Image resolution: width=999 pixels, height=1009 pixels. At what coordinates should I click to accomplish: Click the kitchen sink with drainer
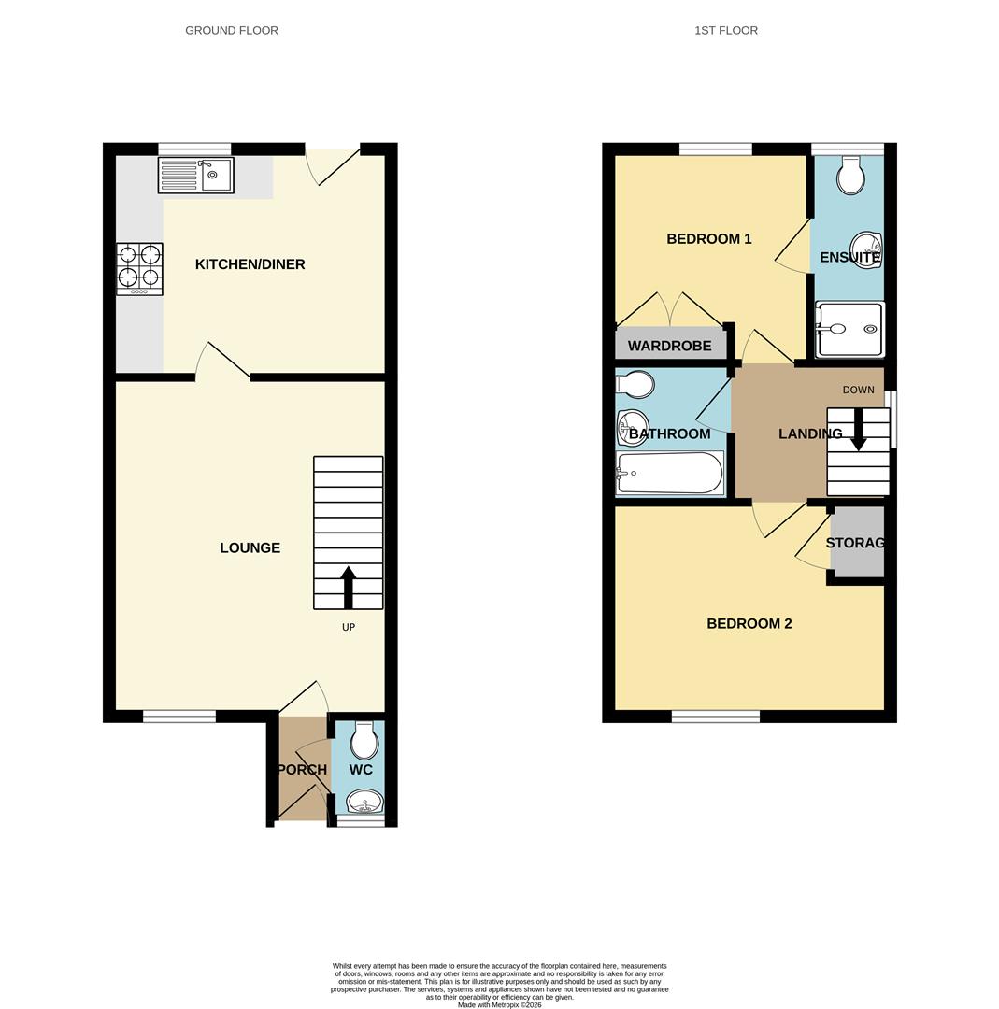pos(196,175)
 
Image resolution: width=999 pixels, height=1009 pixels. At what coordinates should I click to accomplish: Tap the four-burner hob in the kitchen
pos(139,269)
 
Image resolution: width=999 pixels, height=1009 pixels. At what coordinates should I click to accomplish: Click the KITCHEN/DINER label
pos(250,264)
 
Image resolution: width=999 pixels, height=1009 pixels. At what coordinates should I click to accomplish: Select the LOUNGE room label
pos(250,548)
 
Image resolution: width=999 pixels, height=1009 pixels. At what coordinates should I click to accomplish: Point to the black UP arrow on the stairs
pos(349,587)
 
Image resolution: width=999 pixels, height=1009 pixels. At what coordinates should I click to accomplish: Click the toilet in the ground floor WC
pos(364,741)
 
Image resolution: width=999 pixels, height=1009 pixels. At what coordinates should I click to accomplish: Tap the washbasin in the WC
pos(364,803)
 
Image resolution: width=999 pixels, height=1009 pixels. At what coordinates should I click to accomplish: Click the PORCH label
pos(302,770)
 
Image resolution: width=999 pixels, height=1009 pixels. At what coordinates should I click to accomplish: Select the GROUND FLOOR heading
pos(232,30)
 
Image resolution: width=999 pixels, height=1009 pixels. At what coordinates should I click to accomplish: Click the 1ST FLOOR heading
pos(726,30)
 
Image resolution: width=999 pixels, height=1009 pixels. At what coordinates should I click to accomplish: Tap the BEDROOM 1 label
pos(709,239)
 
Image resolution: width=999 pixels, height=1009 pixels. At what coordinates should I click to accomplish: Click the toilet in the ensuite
pos(850,176)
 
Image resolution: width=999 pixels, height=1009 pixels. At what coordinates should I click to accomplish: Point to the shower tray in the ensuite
pos(849,329)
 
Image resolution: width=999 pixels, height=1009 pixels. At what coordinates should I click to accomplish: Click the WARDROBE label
pos(669,346)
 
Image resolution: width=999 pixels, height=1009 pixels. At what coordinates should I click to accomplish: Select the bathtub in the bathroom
pos(670,473)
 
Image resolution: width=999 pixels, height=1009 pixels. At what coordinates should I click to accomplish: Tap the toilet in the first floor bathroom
pos(635,385)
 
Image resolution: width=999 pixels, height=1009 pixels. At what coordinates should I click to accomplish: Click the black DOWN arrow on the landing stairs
pos(859,430)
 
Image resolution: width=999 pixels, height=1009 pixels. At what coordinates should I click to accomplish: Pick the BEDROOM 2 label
pos(749,624)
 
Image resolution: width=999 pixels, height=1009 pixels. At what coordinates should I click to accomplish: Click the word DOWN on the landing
pos(859,390)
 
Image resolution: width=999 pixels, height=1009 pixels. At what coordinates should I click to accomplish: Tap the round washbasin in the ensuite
pos(867,250)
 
